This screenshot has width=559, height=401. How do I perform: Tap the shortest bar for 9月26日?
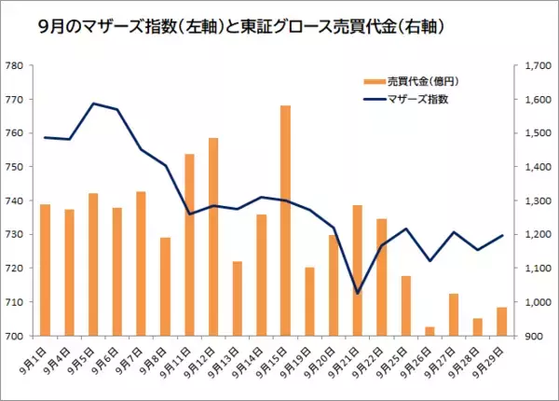tap(429, 331)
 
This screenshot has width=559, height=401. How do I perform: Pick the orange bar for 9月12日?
tap(213, 237)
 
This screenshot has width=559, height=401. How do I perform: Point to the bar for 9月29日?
tap(501, 321)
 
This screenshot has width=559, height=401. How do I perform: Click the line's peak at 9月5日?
tap(93, 104)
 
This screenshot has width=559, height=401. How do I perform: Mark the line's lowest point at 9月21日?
tap(357, 294)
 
